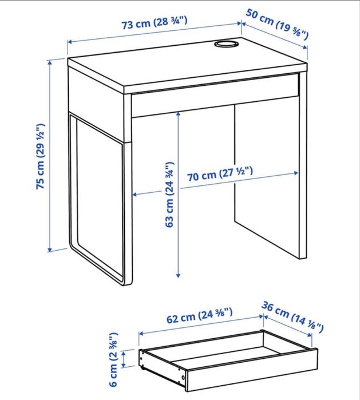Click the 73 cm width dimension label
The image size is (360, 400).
[x=155, y=25]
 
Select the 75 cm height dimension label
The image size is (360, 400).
[x=41, y=156]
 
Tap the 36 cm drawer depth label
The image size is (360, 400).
[x=292, y=318]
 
